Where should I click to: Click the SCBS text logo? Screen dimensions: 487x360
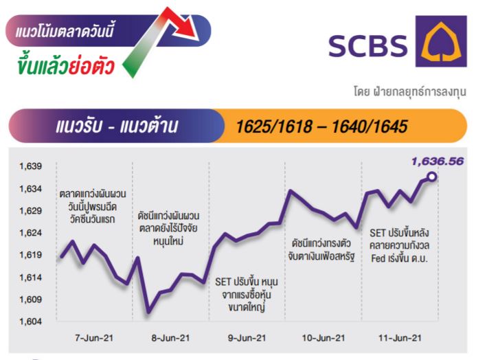367,45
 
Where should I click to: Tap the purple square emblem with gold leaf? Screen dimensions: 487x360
441,41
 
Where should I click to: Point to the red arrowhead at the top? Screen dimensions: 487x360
185,27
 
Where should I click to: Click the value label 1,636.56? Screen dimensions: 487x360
438,161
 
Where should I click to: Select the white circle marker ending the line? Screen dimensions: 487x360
432,177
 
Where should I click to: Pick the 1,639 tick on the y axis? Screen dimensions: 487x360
30,166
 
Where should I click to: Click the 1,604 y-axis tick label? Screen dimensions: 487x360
30,321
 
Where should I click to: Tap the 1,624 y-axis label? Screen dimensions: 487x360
30,233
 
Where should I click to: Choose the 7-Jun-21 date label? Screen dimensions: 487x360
94,338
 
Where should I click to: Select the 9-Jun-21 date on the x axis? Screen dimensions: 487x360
247,338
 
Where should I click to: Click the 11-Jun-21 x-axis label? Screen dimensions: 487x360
400,338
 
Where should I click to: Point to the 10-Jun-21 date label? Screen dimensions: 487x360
324,338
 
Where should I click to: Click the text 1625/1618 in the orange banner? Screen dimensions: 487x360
274,126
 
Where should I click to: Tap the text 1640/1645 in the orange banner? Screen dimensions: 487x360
370,126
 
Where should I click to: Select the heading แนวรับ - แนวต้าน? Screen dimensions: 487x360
117,126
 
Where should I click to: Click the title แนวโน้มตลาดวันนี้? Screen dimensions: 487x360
65,31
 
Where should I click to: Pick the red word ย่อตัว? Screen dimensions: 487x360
91,66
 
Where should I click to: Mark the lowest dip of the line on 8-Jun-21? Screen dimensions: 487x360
148,311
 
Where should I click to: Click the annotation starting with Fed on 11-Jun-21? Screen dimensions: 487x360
399,258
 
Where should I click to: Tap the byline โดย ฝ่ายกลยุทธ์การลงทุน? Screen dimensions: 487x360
410,92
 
